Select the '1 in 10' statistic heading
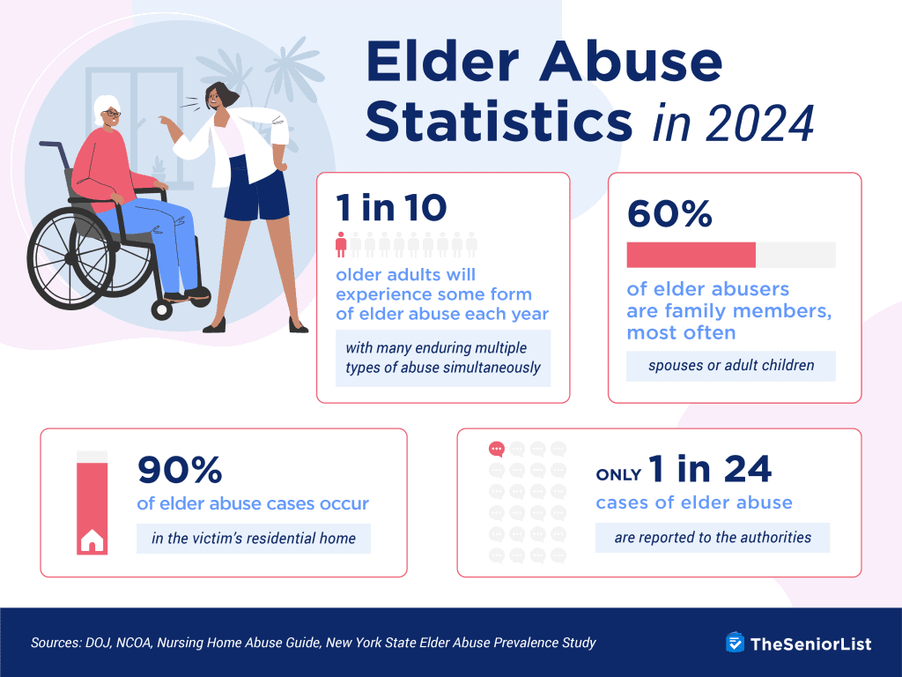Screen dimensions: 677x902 coord(391,208)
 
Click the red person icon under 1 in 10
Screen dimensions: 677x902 coord(342,243)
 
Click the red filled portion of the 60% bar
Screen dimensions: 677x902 coord(691,255)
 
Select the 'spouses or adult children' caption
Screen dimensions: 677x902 coord(730,365)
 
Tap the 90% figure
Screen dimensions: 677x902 coord(180,472)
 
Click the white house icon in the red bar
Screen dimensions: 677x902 coord(92,540)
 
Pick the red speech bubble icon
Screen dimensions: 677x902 coord(497,449)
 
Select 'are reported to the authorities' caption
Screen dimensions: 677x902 coord(712,536)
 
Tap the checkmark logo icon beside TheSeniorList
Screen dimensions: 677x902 coord(735,643)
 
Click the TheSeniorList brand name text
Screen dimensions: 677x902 coord(810,644)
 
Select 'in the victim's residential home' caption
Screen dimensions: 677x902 coord(253,538)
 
